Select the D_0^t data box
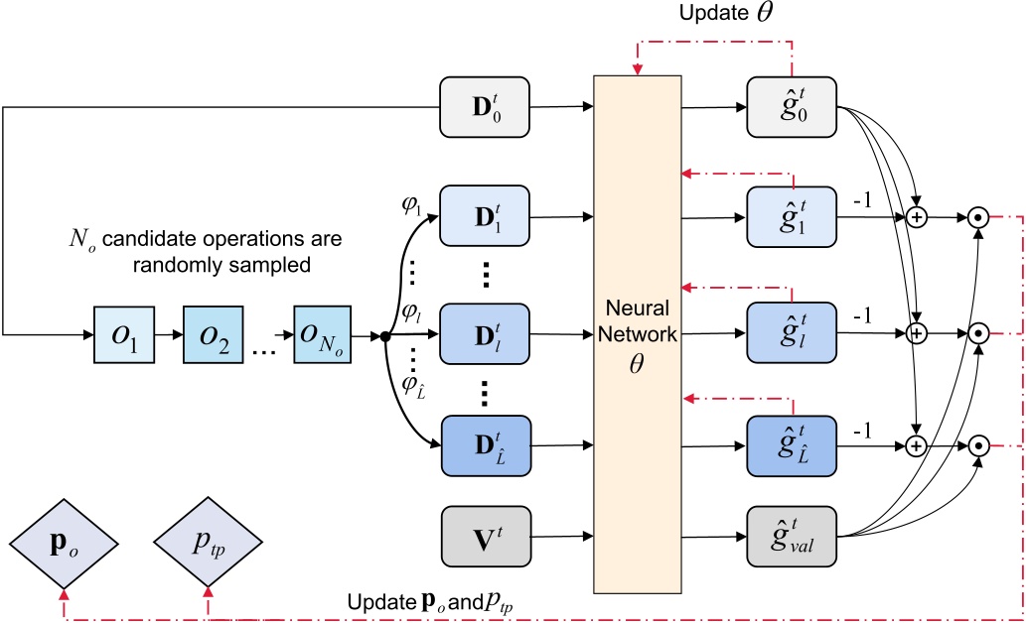[485, 102]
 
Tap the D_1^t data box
[485, 213]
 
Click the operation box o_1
[120, 336]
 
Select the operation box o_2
[209, 336]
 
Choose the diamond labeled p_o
[62, 543]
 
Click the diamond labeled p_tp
[208, 543]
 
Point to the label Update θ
[721, 14]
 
